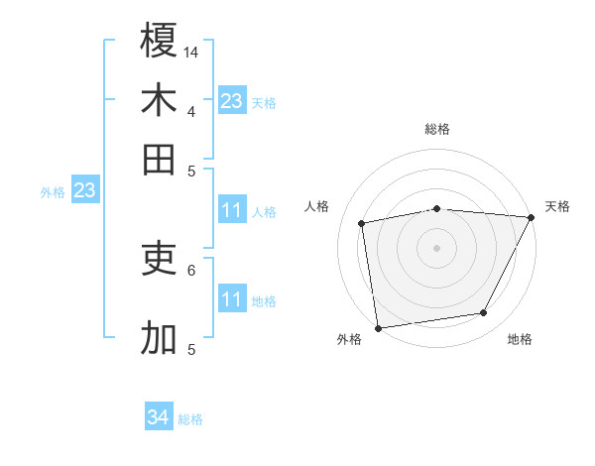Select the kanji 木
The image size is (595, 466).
coord(159,100)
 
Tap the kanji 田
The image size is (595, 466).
coord(159,159)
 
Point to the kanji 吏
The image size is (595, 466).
coord(159,259)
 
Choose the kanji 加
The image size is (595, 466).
coord(159,338)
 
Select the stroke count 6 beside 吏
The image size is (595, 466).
coord(191,269)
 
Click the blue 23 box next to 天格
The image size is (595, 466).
coord(232,100)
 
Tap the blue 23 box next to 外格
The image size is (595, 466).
coord(84,190)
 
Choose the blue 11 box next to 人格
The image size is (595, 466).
coord(232,210)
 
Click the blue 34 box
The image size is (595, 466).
coord(159,417)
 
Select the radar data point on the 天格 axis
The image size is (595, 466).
coord(532,218)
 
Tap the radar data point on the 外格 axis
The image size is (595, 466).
coord(378,327)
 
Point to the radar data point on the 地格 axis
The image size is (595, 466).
coord(484,313)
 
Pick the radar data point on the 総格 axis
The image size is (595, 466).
coord(437,208)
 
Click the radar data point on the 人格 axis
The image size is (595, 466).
coord(362,223)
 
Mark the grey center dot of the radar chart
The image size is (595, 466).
coord(437,247)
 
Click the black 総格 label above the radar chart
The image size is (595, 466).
coord(437,129)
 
